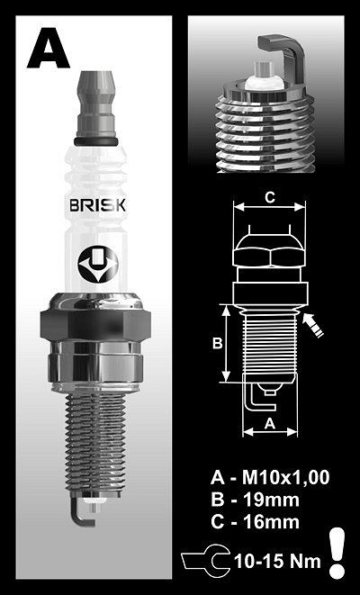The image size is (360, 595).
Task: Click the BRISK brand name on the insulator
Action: coord(97,205)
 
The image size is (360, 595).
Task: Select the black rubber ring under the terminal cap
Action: coord(96,141)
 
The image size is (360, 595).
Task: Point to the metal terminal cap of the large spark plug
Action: coord(96,104)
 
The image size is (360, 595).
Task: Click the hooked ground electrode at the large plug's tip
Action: coord(80,512)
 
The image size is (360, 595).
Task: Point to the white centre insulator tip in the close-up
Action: coord(264,80)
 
